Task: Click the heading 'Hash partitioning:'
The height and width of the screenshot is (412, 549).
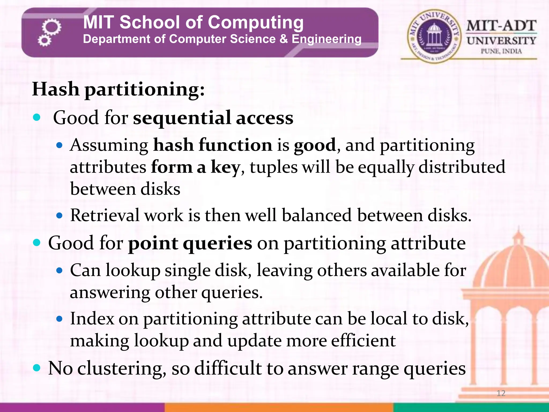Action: [118, 89]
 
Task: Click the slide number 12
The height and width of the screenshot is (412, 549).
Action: [501, 393]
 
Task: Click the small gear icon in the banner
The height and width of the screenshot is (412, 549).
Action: [44, 41]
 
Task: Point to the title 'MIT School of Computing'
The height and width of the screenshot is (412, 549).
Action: [193, 22]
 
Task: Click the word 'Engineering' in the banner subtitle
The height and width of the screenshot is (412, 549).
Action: [327, 39]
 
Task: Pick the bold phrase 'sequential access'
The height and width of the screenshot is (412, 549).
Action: [213, 118]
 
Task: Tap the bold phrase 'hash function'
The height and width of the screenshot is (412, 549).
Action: [213, 145]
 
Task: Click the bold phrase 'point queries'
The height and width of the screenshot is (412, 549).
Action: [190, 243]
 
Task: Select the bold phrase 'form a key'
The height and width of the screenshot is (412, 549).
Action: [195, 167]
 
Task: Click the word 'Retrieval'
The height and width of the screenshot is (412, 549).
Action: [105, 215]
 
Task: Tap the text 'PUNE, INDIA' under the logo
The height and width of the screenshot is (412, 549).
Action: [501, 51]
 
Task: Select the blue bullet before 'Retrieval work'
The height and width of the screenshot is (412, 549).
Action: [60, 215]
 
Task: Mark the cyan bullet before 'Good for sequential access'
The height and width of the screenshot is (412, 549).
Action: [36, 117]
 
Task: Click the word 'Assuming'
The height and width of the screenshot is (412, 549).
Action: [109, 145]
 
